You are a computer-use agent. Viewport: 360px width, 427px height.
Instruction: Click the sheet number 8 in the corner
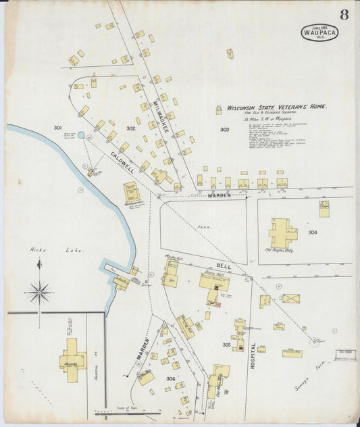(x=344, y=15)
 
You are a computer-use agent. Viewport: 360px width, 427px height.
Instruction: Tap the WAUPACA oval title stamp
(x=319, y=32)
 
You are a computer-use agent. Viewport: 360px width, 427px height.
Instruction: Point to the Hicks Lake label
(x=46, y=250)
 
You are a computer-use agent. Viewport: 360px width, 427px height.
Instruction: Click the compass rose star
(x=39, y=293)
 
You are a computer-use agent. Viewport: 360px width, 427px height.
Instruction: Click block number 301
(x=57, y=128)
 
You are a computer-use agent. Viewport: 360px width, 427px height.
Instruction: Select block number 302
(x=130, y=128)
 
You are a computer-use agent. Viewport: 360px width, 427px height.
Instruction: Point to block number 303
(x=224, y=129)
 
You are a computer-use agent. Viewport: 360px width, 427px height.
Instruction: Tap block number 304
(x=313, y=232)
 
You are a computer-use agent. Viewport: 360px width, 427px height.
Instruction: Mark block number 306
(x=171, y=379)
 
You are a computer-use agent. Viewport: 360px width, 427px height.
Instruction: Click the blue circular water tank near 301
(x=81, y=135)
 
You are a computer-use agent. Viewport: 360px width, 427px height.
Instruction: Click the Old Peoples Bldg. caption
(x=279, y=251)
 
